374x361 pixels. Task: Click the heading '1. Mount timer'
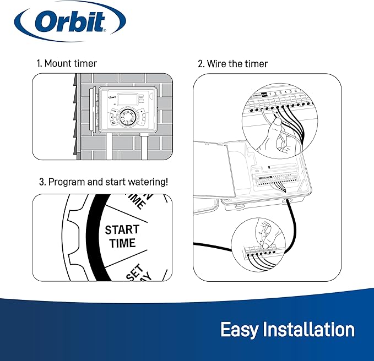(66, 63)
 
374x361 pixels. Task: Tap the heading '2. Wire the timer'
(232, 64)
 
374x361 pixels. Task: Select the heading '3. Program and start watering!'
(102, 182)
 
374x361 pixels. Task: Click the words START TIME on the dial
(122, 236)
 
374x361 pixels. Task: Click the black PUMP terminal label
(264, 94)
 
